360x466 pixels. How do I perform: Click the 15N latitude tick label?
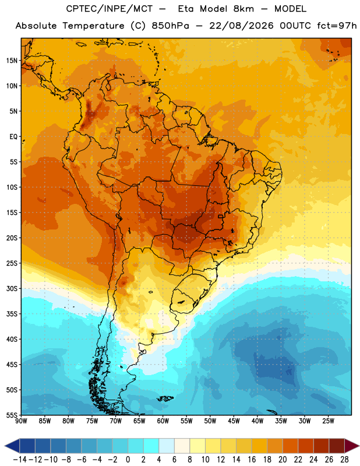pyautogui.click(x=12, y=61)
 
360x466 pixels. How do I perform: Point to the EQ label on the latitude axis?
pyautogui.click(x=13, y=137)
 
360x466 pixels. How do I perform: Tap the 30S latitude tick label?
pyautogui.click(x=12, y=288)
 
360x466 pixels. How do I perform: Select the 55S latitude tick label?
pyautogui.click(x=12, y=415)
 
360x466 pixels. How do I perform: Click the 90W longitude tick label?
pyautogui.click(x=21, y=421)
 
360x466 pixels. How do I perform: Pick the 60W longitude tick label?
pyautogui.click(x=163, y=421)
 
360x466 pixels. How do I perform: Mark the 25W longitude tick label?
pyautogui.click(x=328, y=421)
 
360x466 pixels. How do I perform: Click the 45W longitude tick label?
pyautogui.click(x=234, y=421)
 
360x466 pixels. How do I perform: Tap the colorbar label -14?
pyautogui.click(x=20, y=460)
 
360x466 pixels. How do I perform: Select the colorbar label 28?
pyautogui.click(x=344, y=460)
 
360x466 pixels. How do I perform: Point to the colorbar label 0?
pyautogui.click(x=128, y=460)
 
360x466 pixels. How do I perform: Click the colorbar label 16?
pyautogui.click(x=252, y=460)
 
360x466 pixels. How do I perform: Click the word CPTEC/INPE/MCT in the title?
pyautogui.click(x=109, y=9)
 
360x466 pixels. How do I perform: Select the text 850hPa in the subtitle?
pyautogui.click(x=170, y=26)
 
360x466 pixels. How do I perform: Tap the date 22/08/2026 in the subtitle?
pyautogui.click(x=241, y=26)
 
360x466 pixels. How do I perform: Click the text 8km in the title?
pyautogui.click(x=243, y=9)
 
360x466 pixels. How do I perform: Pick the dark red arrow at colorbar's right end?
pyautogui.click(x=351, y=446)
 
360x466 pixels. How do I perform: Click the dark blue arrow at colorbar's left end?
pyautogui.click(x=12, y=446)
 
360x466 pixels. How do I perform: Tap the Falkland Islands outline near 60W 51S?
pyautogui.click(x=165, y=398)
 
